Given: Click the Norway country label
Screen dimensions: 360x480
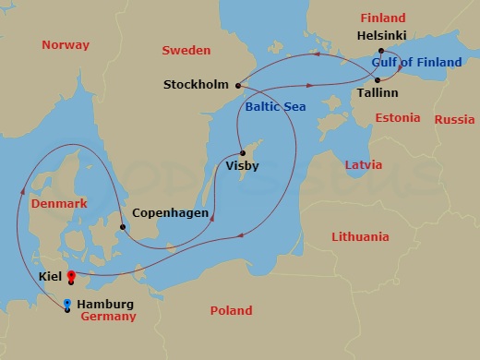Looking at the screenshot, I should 66,45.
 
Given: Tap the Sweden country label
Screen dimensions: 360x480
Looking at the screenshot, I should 186,50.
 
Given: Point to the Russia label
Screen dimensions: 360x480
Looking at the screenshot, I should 454,119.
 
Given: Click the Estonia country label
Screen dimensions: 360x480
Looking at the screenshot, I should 398,118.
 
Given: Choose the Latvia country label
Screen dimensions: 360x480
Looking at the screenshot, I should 362,164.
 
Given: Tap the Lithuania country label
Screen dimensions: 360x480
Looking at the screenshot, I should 360,237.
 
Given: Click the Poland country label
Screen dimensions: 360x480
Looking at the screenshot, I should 231,311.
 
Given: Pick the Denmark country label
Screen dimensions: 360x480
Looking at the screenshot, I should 58,203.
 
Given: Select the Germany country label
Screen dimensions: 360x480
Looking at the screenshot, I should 108,317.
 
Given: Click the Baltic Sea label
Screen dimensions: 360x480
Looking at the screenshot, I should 275,107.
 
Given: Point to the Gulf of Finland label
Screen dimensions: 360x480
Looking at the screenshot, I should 416,63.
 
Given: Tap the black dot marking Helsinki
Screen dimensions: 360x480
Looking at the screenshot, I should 380,52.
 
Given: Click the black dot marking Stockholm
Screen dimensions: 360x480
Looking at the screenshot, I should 238,86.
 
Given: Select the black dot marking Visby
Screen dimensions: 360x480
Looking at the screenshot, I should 241,153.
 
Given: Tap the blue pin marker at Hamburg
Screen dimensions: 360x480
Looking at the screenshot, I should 66,304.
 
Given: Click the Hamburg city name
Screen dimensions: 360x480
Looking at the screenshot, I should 105,305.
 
